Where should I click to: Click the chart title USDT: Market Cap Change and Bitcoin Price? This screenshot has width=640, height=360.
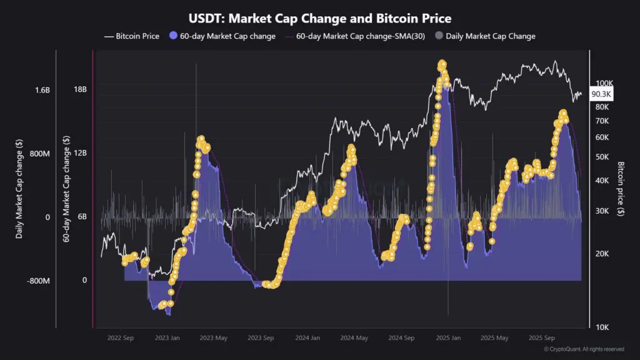(x=320, y=19)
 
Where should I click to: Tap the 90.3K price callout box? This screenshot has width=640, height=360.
(x=601, y=94)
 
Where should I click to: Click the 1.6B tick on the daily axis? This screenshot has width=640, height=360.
(x=42, y=90)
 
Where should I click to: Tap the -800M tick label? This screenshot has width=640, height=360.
(x=39, y=281)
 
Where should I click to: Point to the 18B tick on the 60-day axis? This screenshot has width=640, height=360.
(x=80, y=89)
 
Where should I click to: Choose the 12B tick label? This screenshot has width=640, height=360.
(x=80, y=153)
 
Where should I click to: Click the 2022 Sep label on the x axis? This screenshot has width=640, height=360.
(x=121, y=338)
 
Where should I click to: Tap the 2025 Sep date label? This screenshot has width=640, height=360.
(x=541, y=338)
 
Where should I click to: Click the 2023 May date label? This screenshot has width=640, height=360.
(x=214, y=338)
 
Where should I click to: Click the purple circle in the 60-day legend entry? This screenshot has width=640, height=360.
(x=173, y=36)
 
